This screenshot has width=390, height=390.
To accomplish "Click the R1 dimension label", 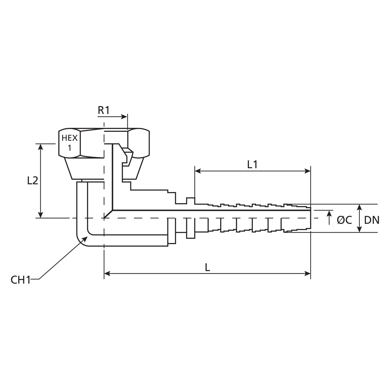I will tap(104, 110).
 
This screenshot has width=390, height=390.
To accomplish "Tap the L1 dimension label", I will tap(252, 165).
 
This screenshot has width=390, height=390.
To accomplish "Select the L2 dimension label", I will tap(33, 181).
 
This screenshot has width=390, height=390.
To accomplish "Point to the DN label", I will tap(372, 220).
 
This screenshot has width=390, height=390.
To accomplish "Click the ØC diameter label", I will tap(344, 220).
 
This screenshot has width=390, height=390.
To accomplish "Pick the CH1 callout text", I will tap(21, 280).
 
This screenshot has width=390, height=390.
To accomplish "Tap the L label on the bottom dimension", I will tap(207, 268).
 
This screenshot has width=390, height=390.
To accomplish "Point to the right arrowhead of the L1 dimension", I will tap(308, 171).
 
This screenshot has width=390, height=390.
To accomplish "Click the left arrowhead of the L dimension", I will tap(107, 274).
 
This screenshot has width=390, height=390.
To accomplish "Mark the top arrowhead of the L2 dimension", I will tap(40, 147).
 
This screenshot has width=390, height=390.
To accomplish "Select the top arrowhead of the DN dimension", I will tap(359, 207).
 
